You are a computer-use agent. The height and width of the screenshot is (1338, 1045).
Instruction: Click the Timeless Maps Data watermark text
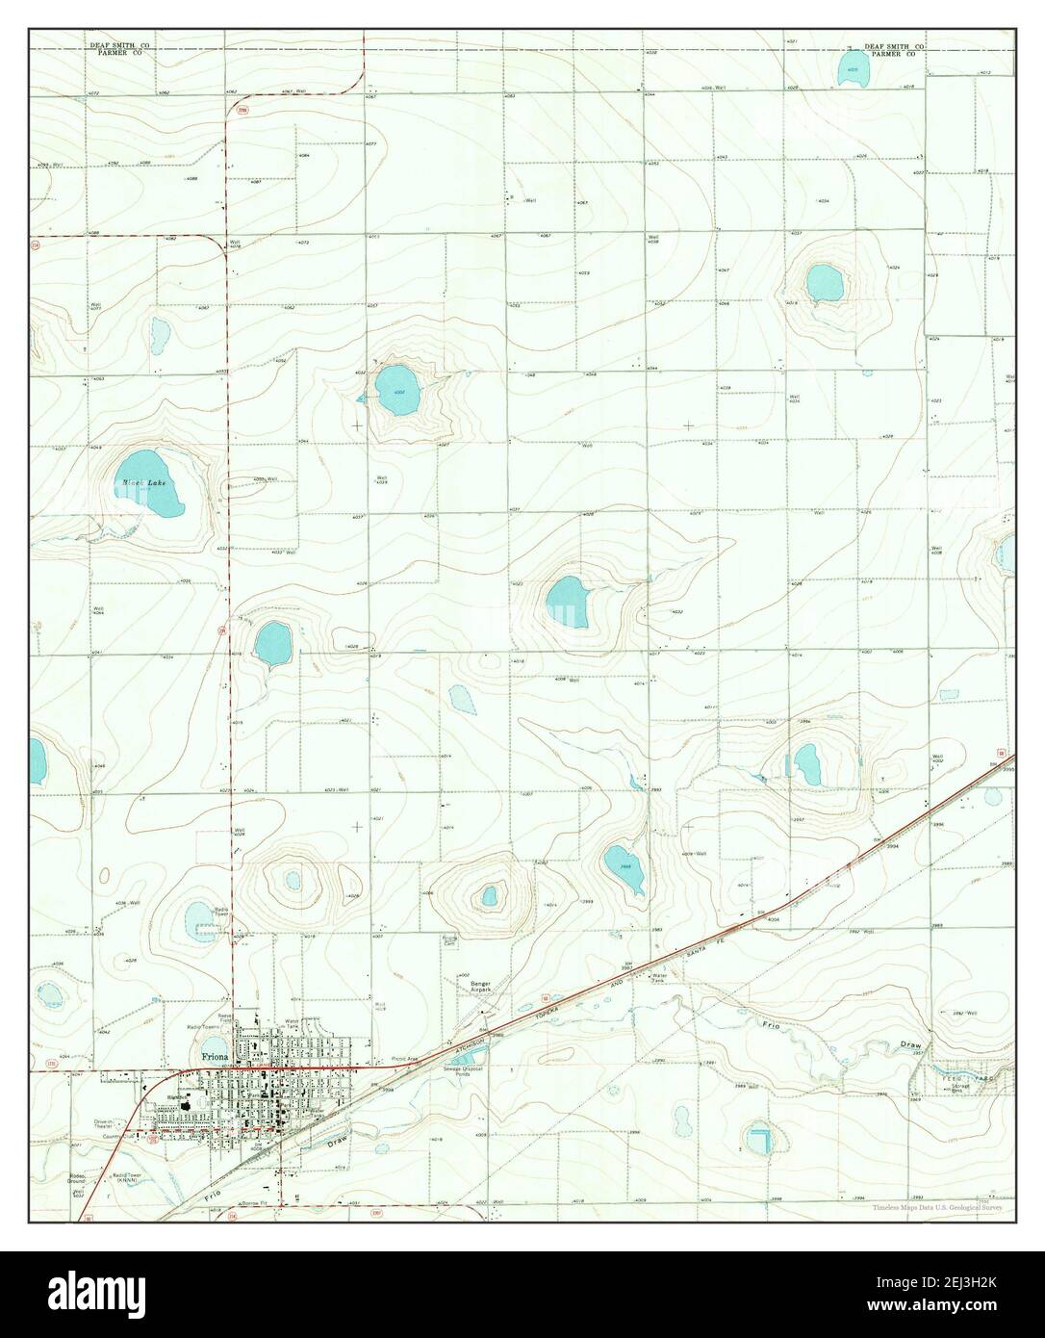coord(939,1207)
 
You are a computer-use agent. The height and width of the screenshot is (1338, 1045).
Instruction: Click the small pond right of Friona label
coord(216,1047)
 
